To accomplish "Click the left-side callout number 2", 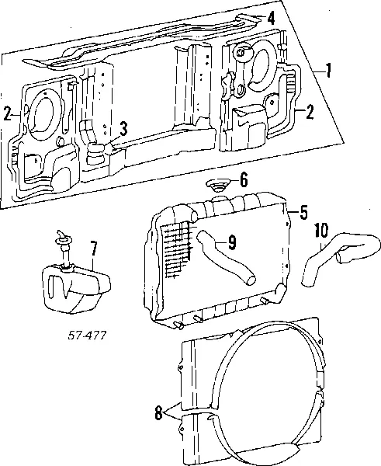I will point(7,114).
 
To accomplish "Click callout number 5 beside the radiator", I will point(303,210).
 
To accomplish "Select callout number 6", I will point(244,181).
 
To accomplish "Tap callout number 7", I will point(93,250).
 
